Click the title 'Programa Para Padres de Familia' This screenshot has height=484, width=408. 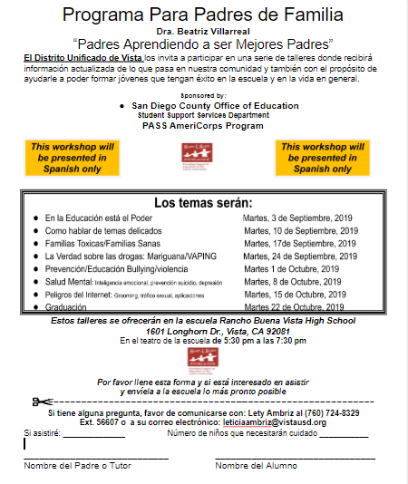tap(203, 15)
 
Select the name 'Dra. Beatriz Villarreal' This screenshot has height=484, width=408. tap(203, 32)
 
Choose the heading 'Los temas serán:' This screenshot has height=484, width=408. tap(203, 203)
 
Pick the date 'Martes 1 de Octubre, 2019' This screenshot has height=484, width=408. tap(291, 269)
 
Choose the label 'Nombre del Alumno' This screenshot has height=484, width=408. tap(257, 465)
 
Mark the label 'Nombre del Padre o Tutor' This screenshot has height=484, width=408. tap(71, 465)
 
